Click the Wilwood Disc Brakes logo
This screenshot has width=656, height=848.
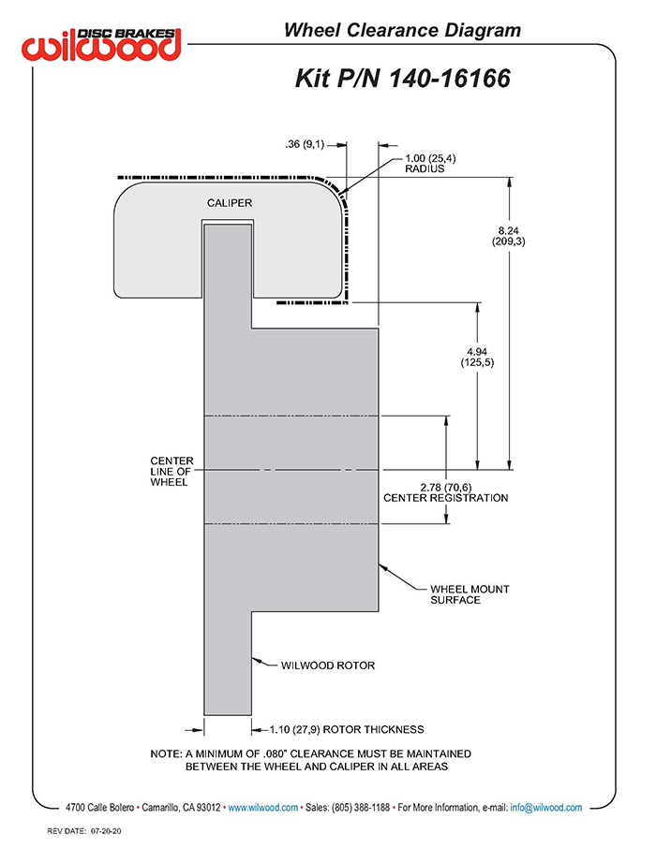tap(101, 43)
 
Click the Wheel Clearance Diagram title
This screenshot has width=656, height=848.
tap(402, 30)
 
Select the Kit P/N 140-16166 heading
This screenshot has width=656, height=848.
tap(402, 78)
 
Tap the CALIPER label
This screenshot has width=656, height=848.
tap(230, 203)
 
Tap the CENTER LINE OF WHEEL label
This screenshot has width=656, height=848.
tap(171, 471)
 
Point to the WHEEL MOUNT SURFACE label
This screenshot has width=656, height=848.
tap(470, 594)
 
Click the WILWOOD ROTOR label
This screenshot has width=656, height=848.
tap(328, 665)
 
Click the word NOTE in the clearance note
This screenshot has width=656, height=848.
tap(166, 753)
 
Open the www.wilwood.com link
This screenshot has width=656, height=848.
tap(262, 808)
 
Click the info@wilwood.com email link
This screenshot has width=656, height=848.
tap(545, 808)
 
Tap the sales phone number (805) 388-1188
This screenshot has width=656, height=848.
tap(361, 808)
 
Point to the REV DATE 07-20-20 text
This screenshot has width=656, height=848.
tap(84, 831)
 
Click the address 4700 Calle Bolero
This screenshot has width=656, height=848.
tap(99, 808)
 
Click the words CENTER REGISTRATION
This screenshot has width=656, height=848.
tap(446, 498)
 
